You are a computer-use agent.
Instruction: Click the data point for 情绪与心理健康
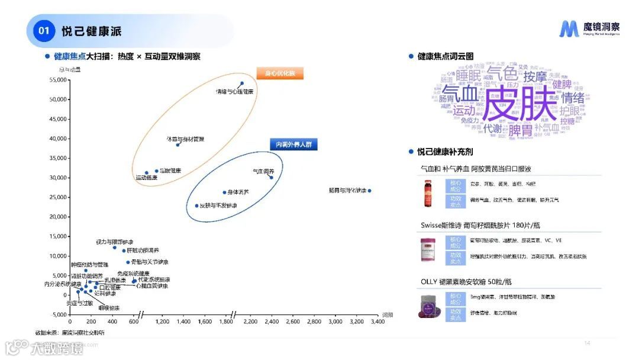point(241,83)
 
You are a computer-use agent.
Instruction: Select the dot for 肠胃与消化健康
point(370,191)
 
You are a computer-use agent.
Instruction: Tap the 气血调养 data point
point(272,178)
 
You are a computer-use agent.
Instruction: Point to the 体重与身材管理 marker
point(177,144)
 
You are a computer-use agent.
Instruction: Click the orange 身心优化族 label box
point(280,74)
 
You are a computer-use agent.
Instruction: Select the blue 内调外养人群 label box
point(293,144)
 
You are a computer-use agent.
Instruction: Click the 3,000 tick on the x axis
point(335,322)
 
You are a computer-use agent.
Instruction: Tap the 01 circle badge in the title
point(43,31)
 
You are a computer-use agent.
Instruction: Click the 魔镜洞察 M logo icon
point(570,29)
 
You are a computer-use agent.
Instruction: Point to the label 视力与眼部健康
point(114,242)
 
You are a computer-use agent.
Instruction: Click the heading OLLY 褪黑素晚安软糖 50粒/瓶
point(466,281)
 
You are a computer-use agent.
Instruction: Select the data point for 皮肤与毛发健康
point(197,205)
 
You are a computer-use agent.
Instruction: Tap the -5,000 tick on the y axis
point(57,314)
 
